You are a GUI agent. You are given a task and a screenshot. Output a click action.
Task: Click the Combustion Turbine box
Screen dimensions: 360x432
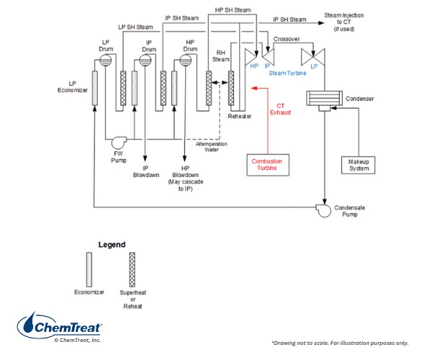[x=267, y=165]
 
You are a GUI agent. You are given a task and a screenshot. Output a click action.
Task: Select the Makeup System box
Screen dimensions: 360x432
[x=354, y=164]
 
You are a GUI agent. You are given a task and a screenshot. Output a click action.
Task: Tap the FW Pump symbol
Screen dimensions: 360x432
[x=117, y=139]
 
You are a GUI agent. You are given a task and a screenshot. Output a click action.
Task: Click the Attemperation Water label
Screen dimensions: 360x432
[x=212, y=146]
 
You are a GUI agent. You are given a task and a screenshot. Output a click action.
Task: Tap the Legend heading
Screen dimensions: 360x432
[x=112, y=245]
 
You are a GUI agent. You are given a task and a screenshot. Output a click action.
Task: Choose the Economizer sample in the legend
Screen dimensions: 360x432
[x=89, y=269]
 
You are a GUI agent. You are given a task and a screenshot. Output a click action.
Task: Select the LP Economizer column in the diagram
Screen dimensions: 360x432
[x=94, y=89]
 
